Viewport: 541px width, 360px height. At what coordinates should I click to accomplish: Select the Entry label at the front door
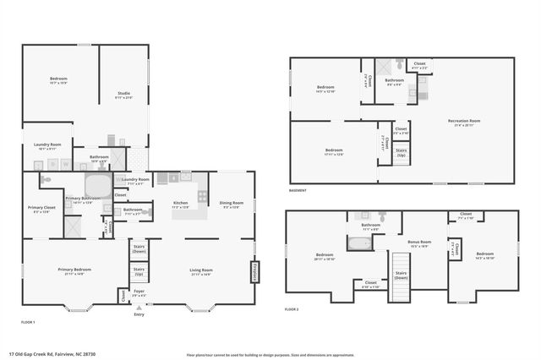click(139, 314)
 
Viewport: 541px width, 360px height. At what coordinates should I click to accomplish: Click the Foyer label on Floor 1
click(139, 293)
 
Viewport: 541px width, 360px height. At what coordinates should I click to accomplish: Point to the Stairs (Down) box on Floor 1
click(139, 249)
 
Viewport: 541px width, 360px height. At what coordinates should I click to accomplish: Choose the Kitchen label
click(180, 205)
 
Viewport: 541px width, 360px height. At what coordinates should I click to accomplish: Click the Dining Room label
click(232, 205)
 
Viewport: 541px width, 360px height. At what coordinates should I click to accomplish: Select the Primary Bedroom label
click(74, 271)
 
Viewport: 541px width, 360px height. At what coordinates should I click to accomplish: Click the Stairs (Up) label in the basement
click(402, 155)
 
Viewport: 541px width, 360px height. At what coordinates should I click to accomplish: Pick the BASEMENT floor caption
click(298, 191)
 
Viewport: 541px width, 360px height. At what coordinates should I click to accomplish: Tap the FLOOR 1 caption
click(28, 322)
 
